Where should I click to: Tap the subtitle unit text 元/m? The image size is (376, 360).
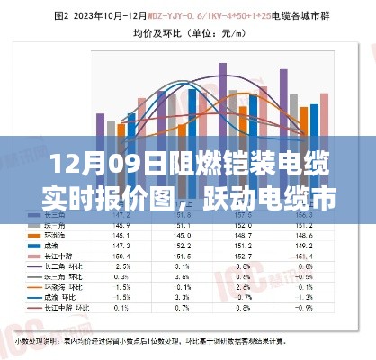tap(234, 33)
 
